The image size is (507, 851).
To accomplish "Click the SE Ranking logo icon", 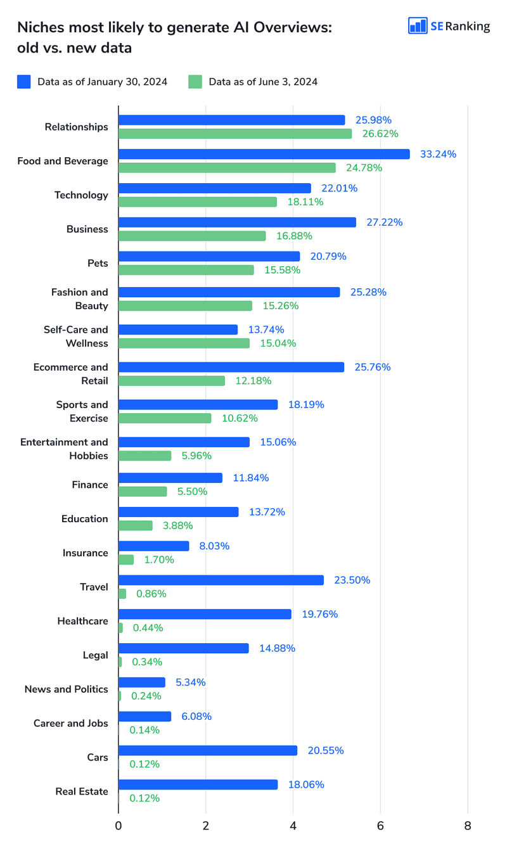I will coord(418,25).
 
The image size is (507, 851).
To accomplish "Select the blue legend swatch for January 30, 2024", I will coord(24,82).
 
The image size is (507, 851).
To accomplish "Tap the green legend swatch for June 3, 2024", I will coord(195,82).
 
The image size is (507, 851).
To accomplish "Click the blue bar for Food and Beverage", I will coord(264,154).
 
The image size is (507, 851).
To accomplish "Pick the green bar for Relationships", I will coord(234,134).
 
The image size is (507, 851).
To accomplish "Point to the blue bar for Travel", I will coord(221,580).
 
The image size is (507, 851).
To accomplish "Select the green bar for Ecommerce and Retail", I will coord(171,381).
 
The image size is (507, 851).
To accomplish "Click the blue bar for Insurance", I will coord(153,546).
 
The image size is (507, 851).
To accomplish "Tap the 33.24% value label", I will coord(438,154).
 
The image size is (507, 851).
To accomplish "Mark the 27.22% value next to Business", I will coord(384,222).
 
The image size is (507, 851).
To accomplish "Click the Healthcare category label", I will coord(82,621).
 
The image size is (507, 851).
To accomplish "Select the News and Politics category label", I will coord(66,689).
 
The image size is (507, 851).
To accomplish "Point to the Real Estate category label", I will coord(82,791).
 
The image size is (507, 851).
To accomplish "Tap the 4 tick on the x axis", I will coord(293,826).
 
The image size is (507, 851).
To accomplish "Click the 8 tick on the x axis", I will coord(468,826).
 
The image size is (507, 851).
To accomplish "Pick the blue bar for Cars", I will coord(207,750).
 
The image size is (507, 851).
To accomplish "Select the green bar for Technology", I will coord(197,202).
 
